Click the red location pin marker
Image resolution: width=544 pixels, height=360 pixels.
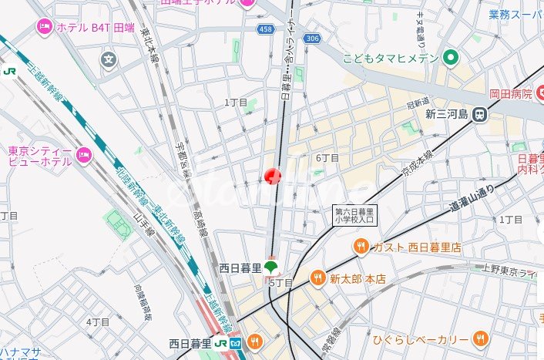[x=273, y=177]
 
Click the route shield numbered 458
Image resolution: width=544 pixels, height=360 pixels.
[x=267, y=29]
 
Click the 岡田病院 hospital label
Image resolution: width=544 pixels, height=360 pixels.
[x=510, y=94]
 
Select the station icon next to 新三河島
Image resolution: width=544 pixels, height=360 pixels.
[x=480, y=114]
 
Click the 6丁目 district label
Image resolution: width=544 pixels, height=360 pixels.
[x=327, y=158]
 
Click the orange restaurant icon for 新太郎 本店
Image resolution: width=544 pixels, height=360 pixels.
[x=317, y=278]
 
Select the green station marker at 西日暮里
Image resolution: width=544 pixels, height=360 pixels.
[x=270, y=267]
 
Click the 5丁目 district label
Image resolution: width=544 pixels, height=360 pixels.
[x=280, y=283]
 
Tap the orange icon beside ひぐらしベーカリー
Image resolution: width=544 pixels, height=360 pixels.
[x=480, y=338]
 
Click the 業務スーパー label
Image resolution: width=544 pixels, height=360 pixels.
[x=515, y=15]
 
